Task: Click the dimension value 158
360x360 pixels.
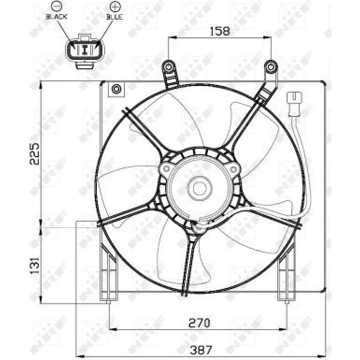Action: tap(220, 31)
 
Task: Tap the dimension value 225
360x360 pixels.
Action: tap(35, 154)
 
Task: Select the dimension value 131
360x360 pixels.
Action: tap(35, 266)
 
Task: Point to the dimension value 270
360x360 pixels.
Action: tap(199, 323)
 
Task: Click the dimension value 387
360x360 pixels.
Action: tap(201, 350)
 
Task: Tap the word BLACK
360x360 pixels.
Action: tap(57, 17)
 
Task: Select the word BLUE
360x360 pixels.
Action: tap(115, 17)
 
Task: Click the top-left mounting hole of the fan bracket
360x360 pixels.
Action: tap(168, 67)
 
